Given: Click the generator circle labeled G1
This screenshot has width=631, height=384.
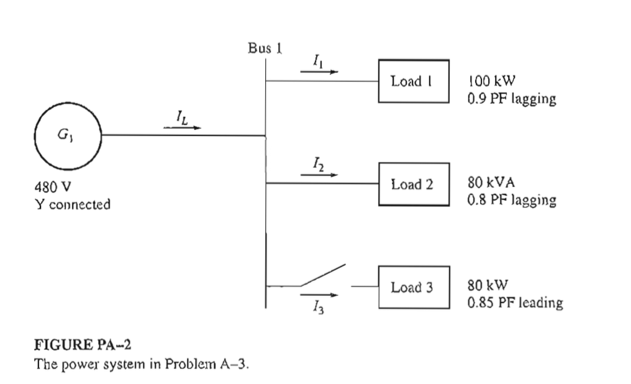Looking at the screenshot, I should coord(69,135).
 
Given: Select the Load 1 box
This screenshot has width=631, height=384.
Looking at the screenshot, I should coord(414,81).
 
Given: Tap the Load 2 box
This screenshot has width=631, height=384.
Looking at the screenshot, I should coord(414,184).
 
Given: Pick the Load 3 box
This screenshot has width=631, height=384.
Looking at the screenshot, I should coord(414,287).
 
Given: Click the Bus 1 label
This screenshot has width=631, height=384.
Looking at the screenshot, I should coord(265,49).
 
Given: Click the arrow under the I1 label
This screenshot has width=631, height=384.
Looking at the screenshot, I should coord(319,71).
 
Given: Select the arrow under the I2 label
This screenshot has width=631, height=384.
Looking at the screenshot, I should coord(319,175).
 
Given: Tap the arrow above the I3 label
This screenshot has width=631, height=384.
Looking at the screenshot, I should coord(319,295).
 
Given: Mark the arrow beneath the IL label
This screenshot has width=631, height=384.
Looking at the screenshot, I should coord(183,128).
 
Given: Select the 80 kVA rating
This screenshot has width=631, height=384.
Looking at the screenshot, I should coord(490,184).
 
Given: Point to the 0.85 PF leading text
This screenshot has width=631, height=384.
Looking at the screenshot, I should coord(515,304).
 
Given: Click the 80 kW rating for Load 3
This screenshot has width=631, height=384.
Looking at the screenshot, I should coord(488,287).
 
